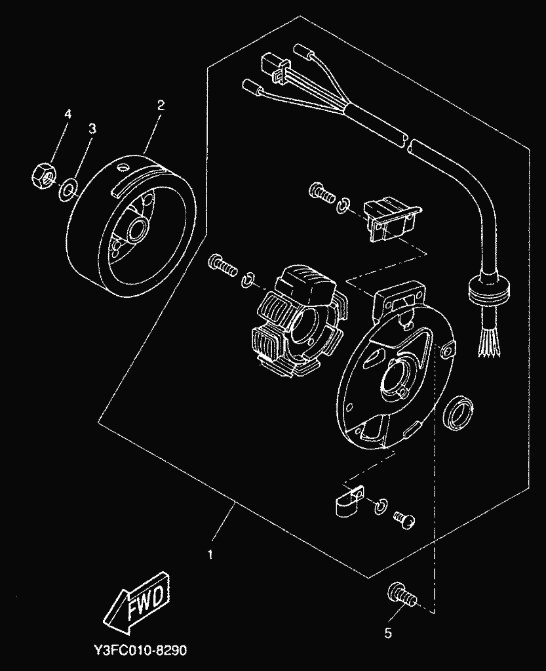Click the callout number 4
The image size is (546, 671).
click(67, 113)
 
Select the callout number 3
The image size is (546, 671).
click(92, 129)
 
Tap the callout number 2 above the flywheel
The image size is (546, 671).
click(161, 104)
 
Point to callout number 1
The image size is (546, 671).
click(210, 554)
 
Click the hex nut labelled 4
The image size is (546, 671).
click(43, 175)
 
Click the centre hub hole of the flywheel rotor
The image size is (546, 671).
click(140, 231)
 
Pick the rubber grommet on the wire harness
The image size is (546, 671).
click(491, 289)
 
